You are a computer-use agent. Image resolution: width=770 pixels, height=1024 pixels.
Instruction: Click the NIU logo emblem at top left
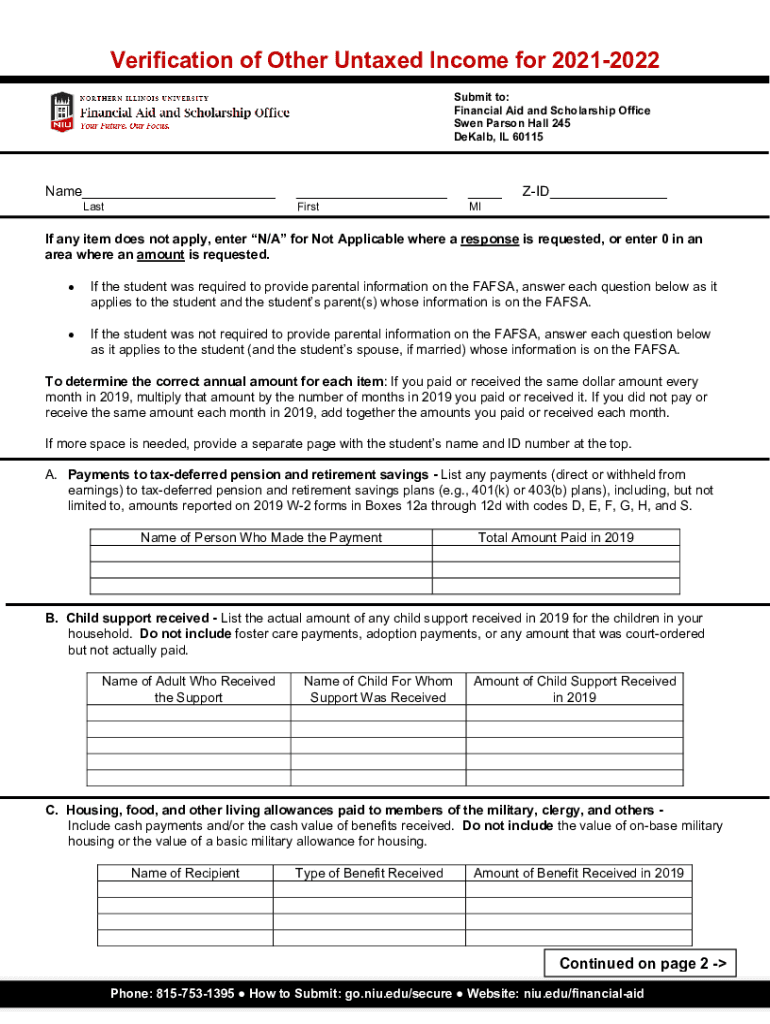pos(61,112)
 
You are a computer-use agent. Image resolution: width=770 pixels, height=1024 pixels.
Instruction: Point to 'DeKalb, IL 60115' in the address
pos(498,137)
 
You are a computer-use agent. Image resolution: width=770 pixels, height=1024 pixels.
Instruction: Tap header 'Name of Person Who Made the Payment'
pos(261,537)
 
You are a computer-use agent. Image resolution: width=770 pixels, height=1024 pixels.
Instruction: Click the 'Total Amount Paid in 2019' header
pos(555,537)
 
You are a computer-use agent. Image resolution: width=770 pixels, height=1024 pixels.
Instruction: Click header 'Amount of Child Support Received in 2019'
pos(574,689)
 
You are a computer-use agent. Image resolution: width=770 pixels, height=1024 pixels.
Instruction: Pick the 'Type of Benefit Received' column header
pos(369,873)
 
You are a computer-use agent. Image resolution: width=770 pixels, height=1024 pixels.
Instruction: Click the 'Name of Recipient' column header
pos(185,873)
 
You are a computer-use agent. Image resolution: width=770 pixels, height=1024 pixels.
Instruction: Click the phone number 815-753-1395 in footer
pos(194,994)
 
